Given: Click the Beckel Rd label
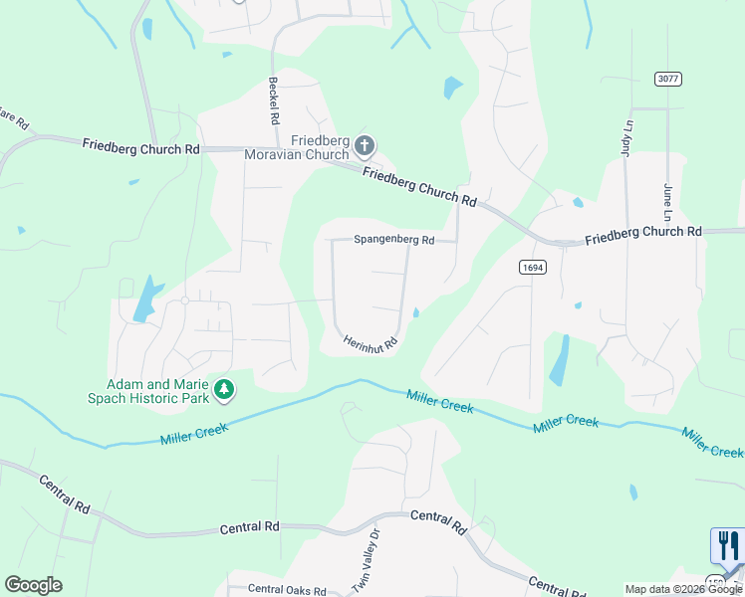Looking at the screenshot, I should click(273, 100).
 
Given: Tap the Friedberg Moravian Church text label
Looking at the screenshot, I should click(319, 148).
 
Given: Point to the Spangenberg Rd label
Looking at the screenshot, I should click(394, 240).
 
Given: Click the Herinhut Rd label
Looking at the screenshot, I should click(372, 342).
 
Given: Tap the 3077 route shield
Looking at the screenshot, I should click(667, 79).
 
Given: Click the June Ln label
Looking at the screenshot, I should click(668, 202).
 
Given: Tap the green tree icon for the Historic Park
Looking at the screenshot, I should click(225, 388).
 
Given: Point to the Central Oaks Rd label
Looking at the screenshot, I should click(287, 589).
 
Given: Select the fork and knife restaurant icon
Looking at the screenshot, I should click(727, 546).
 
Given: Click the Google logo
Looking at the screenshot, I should click(33, 585).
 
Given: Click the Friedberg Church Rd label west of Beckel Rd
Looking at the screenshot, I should click(141, 147).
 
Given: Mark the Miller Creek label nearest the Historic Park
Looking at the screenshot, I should click(194, 433).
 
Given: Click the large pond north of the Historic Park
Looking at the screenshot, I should click(146, 298).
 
